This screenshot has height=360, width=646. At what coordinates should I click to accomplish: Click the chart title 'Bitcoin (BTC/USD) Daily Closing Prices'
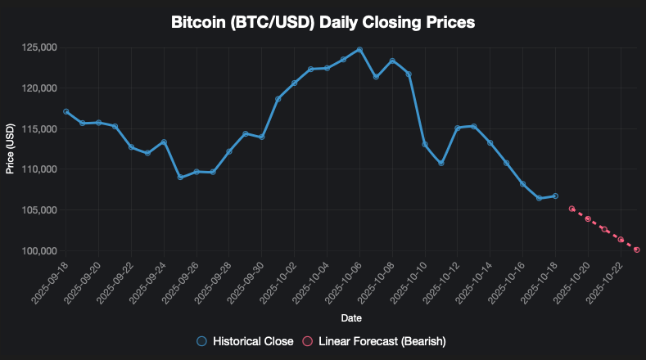point(323,23)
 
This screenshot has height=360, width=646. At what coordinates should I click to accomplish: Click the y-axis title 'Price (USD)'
point(10,149)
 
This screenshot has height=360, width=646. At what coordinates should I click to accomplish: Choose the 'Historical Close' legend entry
point(245,340)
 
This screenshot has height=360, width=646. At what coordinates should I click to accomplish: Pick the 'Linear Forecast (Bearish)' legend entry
point(373,340)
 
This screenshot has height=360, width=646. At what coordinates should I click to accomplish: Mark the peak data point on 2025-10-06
point(359,49)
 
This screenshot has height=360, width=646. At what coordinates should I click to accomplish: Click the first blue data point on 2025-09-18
point(66,111)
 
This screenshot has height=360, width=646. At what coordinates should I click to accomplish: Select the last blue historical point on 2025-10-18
point(555,196)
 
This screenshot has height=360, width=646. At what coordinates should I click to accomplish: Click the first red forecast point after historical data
point(571,209)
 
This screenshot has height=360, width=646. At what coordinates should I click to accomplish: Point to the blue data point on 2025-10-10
point(425,144)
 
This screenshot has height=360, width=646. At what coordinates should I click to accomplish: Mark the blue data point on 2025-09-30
point(261,137)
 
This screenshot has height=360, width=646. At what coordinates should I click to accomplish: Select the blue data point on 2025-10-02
point(294,83)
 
